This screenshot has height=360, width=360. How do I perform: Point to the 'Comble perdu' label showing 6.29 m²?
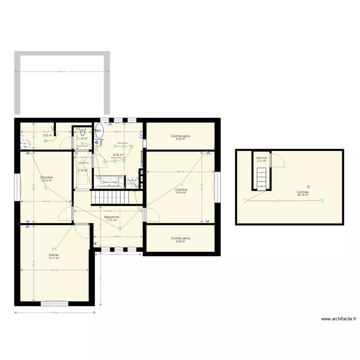click(x=180, y=239)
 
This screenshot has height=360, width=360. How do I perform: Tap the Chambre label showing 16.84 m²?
click(x=181, y=191)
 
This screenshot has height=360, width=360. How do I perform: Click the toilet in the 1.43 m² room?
click(x=82, y=131)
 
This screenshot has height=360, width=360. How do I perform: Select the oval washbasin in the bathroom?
click(x=99, y=130)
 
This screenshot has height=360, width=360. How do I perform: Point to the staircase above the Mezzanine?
click(x=111, y=197)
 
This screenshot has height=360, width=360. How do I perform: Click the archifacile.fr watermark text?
click(x=339, y=318)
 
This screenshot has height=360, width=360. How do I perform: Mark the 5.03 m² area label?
click(x=47, y=135)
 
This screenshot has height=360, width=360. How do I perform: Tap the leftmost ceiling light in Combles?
click(x=245, y=201)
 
